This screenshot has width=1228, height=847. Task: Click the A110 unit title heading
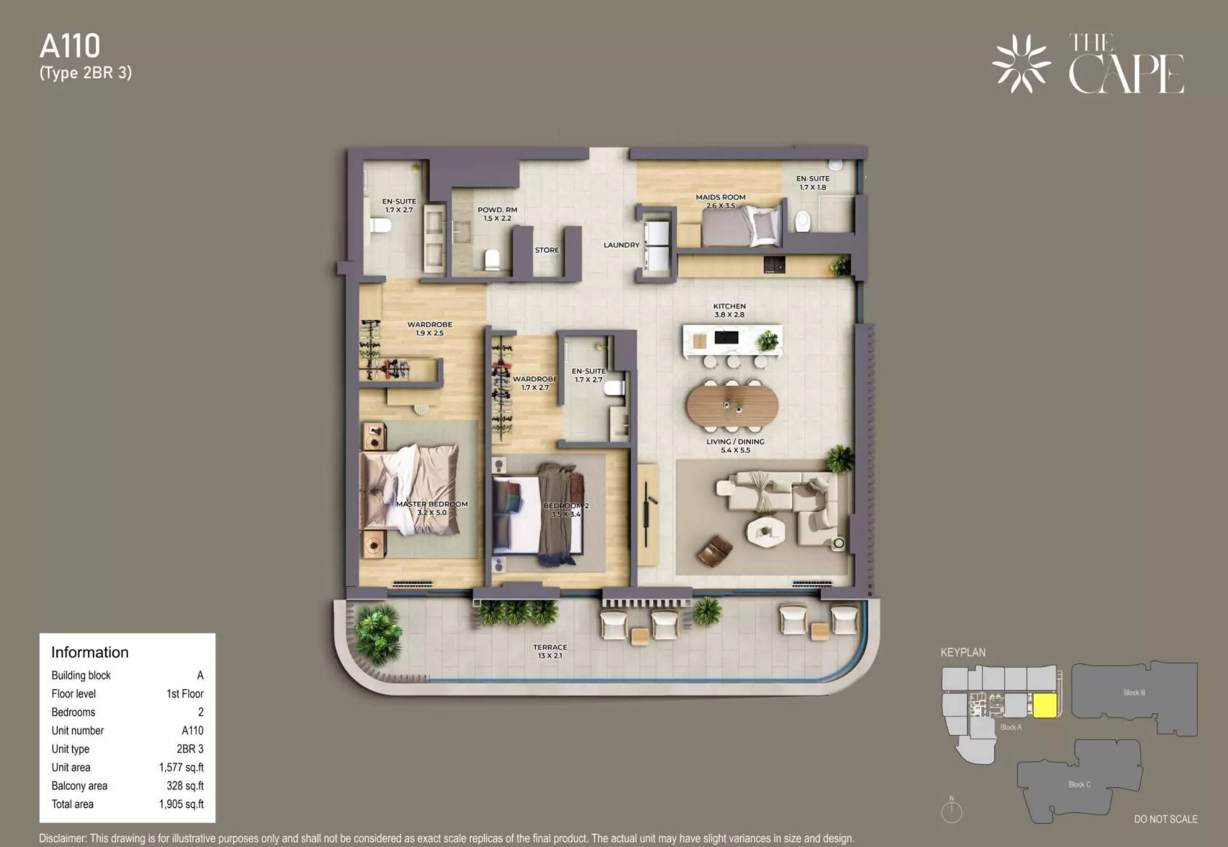(x=70, y=46)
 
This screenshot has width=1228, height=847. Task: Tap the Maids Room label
(x=720, y=197)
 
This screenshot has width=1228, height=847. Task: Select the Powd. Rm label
(x=497, y=210)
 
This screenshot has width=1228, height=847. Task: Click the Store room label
(x=547, y=250)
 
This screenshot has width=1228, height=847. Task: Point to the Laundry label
(x=621, y=245)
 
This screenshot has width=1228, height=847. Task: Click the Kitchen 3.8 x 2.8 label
(x=729, y=310)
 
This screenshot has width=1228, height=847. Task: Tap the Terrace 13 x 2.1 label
(x=550, y=651)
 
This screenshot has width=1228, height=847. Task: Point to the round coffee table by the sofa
(x=766, y=531)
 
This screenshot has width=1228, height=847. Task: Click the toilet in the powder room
(x=492, y=259)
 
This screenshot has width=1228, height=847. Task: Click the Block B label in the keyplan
(x=1134, y=693)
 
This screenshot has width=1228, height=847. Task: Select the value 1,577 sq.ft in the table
(x=181, y=768)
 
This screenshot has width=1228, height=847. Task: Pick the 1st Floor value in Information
(x=185, y=694)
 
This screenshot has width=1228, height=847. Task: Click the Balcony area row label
(x=79, y=786)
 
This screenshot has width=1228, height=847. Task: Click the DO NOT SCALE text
(x=1166, y=819)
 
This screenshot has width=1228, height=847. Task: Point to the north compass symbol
(x=952, y=810)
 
